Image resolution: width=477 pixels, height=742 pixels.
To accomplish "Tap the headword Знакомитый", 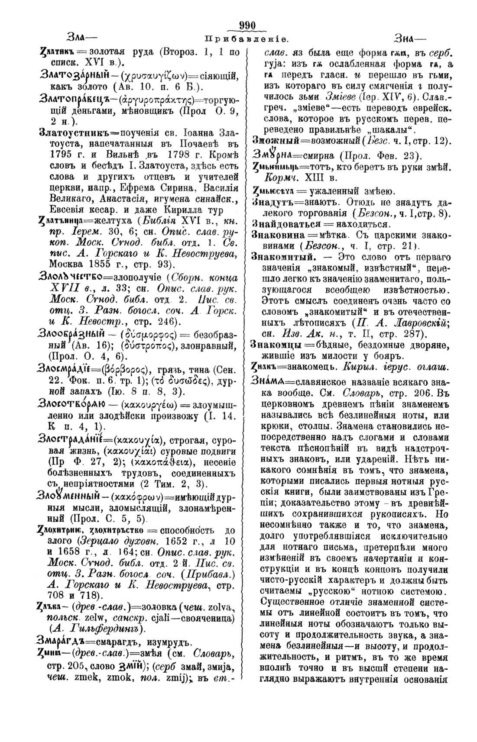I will point(282,257).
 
